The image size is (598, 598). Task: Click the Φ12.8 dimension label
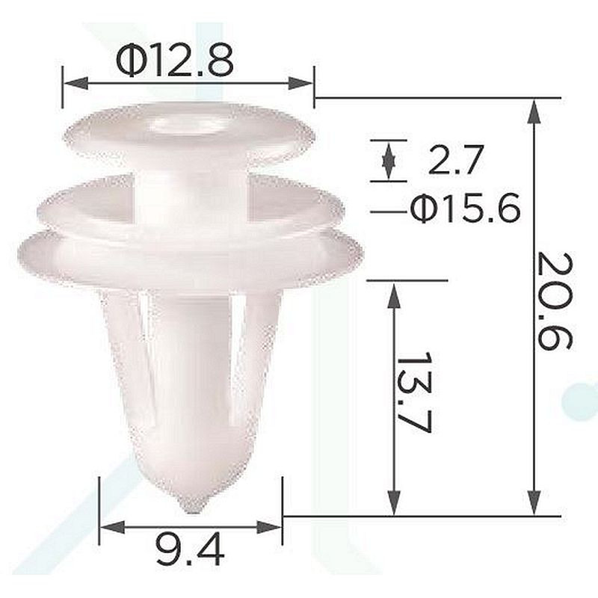(x=175, y=62)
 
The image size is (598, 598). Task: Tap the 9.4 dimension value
(x=190, y=549)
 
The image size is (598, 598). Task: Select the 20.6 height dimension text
(x=554, y=301)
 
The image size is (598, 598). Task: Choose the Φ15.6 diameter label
(x=465, y=209)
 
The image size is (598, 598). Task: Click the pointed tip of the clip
(x=194, y=511)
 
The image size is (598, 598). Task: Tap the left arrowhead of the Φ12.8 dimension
(x=75, y=83)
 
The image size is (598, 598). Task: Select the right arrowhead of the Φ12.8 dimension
(x=301, y=83)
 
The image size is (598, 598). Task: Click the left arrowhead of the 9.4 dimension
(x=112, y=527)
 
